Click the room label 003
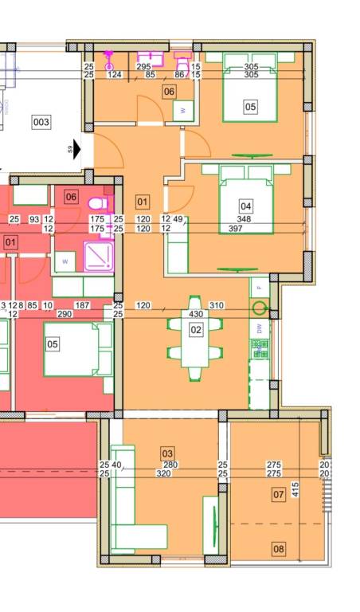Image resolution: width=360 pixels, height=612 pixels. [41, 122]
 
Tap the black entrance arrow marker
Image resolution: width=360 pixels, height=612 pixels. [76, 149]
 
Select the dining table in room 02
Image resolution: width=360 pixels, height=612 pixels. [196, 338]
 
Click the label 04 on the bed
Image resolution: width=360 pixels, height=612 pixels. [246, 206]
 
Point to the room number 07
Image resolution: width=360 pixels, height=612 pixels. [279, 495]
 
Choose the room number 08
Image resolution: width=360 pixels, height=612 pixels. [279, 549]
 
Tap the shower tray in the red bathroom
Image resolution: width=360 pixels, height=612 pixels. [99, 257]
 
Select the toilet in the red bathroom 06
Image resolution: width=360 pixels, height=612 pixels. [100, 203]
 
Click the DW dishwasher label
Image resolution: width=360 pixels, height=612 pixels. [260, 328]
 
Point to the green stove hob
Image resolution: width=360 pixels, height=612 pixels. [260, 349]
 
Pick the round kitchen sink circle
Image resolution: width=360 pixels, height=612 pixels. [259, 308]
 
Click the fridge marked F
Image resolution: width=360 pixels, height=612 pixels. [260, 288]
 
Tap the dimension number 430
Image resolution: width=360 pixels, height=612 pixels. [196, 314]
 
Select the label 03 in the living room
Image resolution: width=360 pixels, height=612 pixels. [167, 453]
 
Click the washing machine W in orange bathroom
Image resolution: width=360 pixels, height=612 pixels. [183, 111]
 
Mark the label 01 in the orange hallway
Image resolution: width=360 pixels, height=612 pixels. [143, 202]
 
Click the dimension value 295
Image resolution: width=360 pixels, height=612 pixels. [143, 67]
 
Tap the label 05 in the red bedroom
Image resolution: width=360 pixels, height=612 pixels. [53, 344]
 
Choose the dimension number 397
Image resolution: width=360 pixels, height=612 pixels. [236, 229]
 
